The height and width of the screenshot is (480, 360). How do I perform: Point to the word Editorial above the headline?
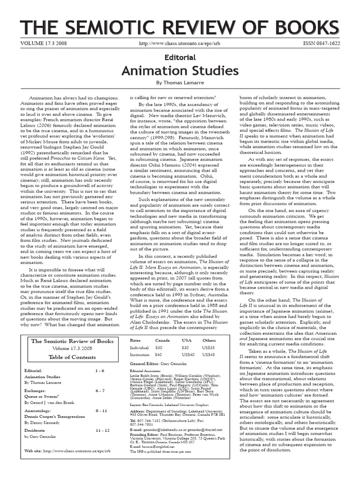(x=180, y=56)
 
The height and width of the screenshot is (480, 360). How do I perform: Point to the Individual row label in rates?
(x=140, y=347)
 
